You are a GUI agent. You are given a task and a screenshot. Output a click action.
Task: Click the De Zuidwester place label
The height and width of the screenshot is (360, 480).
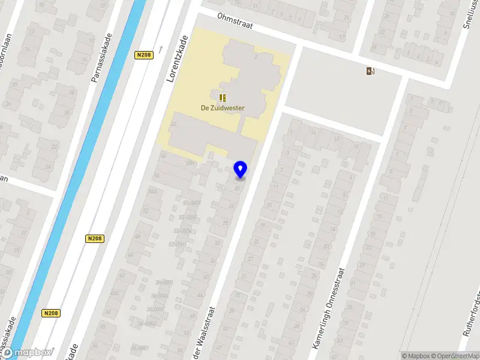coord(223,108)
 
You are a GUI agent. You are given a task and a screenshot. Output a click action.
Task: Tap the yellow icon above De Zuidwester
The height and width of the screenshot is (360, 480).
coord(223,97)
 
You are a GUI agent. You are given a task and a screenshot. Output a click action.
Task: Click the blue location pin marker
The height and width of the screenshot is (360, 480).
coord(241,169)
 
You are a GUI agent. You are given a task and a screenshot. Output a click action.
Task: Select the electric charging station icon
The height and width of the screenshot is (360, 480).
coord(371,71)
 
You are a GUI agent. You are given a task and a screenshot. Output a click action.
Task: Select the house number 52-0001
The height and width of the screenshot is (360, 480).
coord(178,244)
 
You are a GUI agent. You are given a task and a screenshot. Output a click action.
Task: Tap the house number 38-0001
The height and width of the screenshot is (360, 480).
coord(163,282)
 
